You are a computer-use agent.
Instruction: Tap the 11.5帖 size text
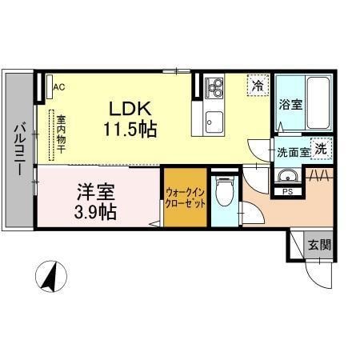click(x=129, y=128)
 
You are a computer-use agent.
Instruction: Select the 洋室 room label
click(x=96, y=192)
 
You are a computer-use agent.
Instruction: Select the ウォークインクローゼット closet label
click(x=186, y=198)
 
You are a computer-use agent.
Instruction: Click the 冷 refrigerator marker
click(x=258, y=84)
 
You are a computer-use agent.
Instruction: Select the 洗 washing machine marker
click(x=320, y=148)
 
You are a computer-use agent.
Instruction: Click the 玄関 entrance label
click(x=319, y=245)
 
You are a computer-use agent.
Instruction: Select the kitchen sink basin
click(x=214, y=122)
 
